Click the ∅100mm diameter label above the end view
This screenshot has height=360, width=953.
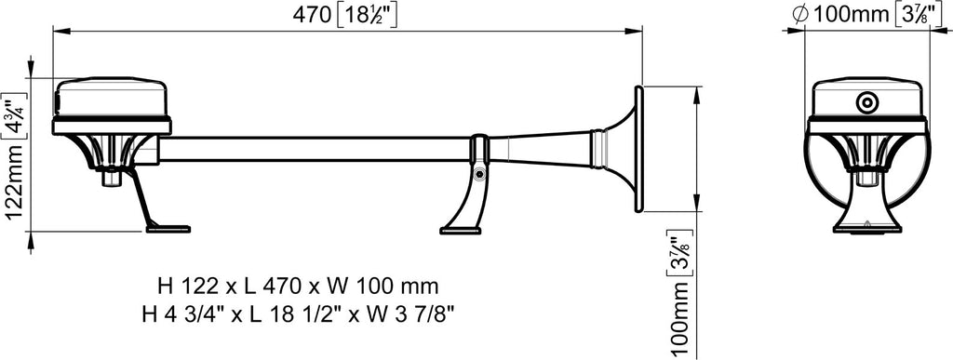coord(838,15)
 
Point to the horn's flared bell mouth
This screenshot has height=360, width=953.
coord(638,148)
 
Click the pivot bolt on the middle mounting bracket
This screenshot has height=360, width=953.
coord(478,174)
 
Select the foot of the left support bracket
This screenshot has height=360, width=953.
coord(168,227)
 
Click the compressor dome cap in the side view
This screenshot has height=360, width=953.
coord(112,98)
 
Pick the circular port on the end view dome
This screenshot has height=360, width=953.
coord(867,101)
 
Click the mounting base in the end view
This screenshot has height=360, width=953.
coord(866,218)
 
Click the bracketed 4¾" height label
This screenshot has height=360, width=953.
coord(13,119)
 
